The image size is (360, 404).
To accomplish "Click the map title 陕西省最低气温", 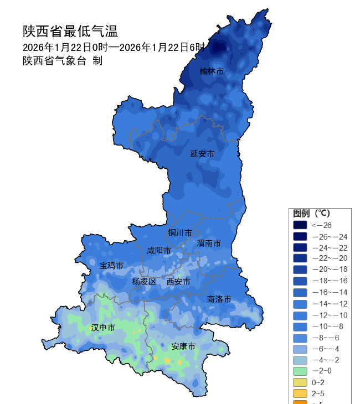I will pyautogui.click(x=70, y=31).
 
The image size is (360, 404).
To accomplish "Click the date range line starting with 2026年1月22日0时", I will pyautogui.click(x=114, y=47).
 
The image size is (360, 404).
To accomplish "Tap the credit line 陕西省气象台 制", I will pyautogui.click(x=62, y=61).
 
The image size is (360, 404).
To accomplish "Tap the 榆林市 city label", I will pyautogui.click(x=212, y=71).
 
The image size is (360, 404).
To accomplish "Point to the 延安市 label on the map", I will pyautogui.click(x=202, y=153).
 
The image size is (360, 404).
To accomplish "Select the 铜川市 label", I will pyautogui.click(x=180, y=232).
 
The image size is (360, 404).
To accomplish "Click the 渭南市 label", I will pyautogui.click(x=209, y=243).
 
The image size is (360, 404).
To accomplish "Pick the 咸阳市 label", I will pyautogui.click(x=158, y=251).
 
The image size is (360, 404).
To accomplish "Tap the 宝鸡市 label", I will pyautogui.click(x=111, y=266).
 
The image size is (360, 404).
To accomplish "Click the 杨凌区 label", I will pyautogui.click(x=144, y=282).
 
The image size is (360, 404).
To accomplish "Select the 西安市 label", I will pyautogui.click(x=178, y=282).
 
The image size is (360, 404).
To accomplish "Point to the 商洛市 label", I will pyautogui.click(x=219, y=299).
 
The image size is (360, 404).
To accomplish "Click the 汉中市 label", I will pyautogui.click(x=103, y=328).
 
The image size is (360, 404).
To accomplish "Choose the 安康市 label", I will pyautogui.click(x=183, y=346).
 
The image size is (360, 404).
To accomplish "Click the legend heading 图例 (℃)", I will pyautogui.click(x=311, y=214).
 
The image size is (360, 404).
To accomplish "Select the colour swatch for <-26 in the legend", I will pyautogui.click(x=300, y=225).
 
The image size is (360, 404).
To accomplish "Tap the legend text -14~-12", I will pyautogui.click(x=330, y=303).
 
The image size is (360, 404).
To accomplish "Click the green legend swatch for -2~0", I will pyautogui.click(x=300, y=371).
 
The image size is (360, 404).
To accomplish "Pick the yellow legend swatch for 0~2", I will pyautogui.click(x=300, y=382).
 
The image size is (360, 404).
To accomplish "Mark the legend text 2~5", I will pyautogui.click(x=318, y=393).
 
